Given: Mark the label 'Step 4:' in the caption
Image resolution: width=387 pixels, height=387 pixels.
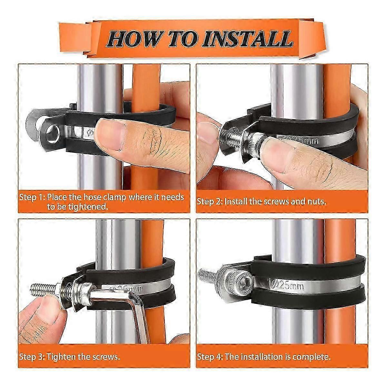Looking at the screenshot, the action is [210, 357].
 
